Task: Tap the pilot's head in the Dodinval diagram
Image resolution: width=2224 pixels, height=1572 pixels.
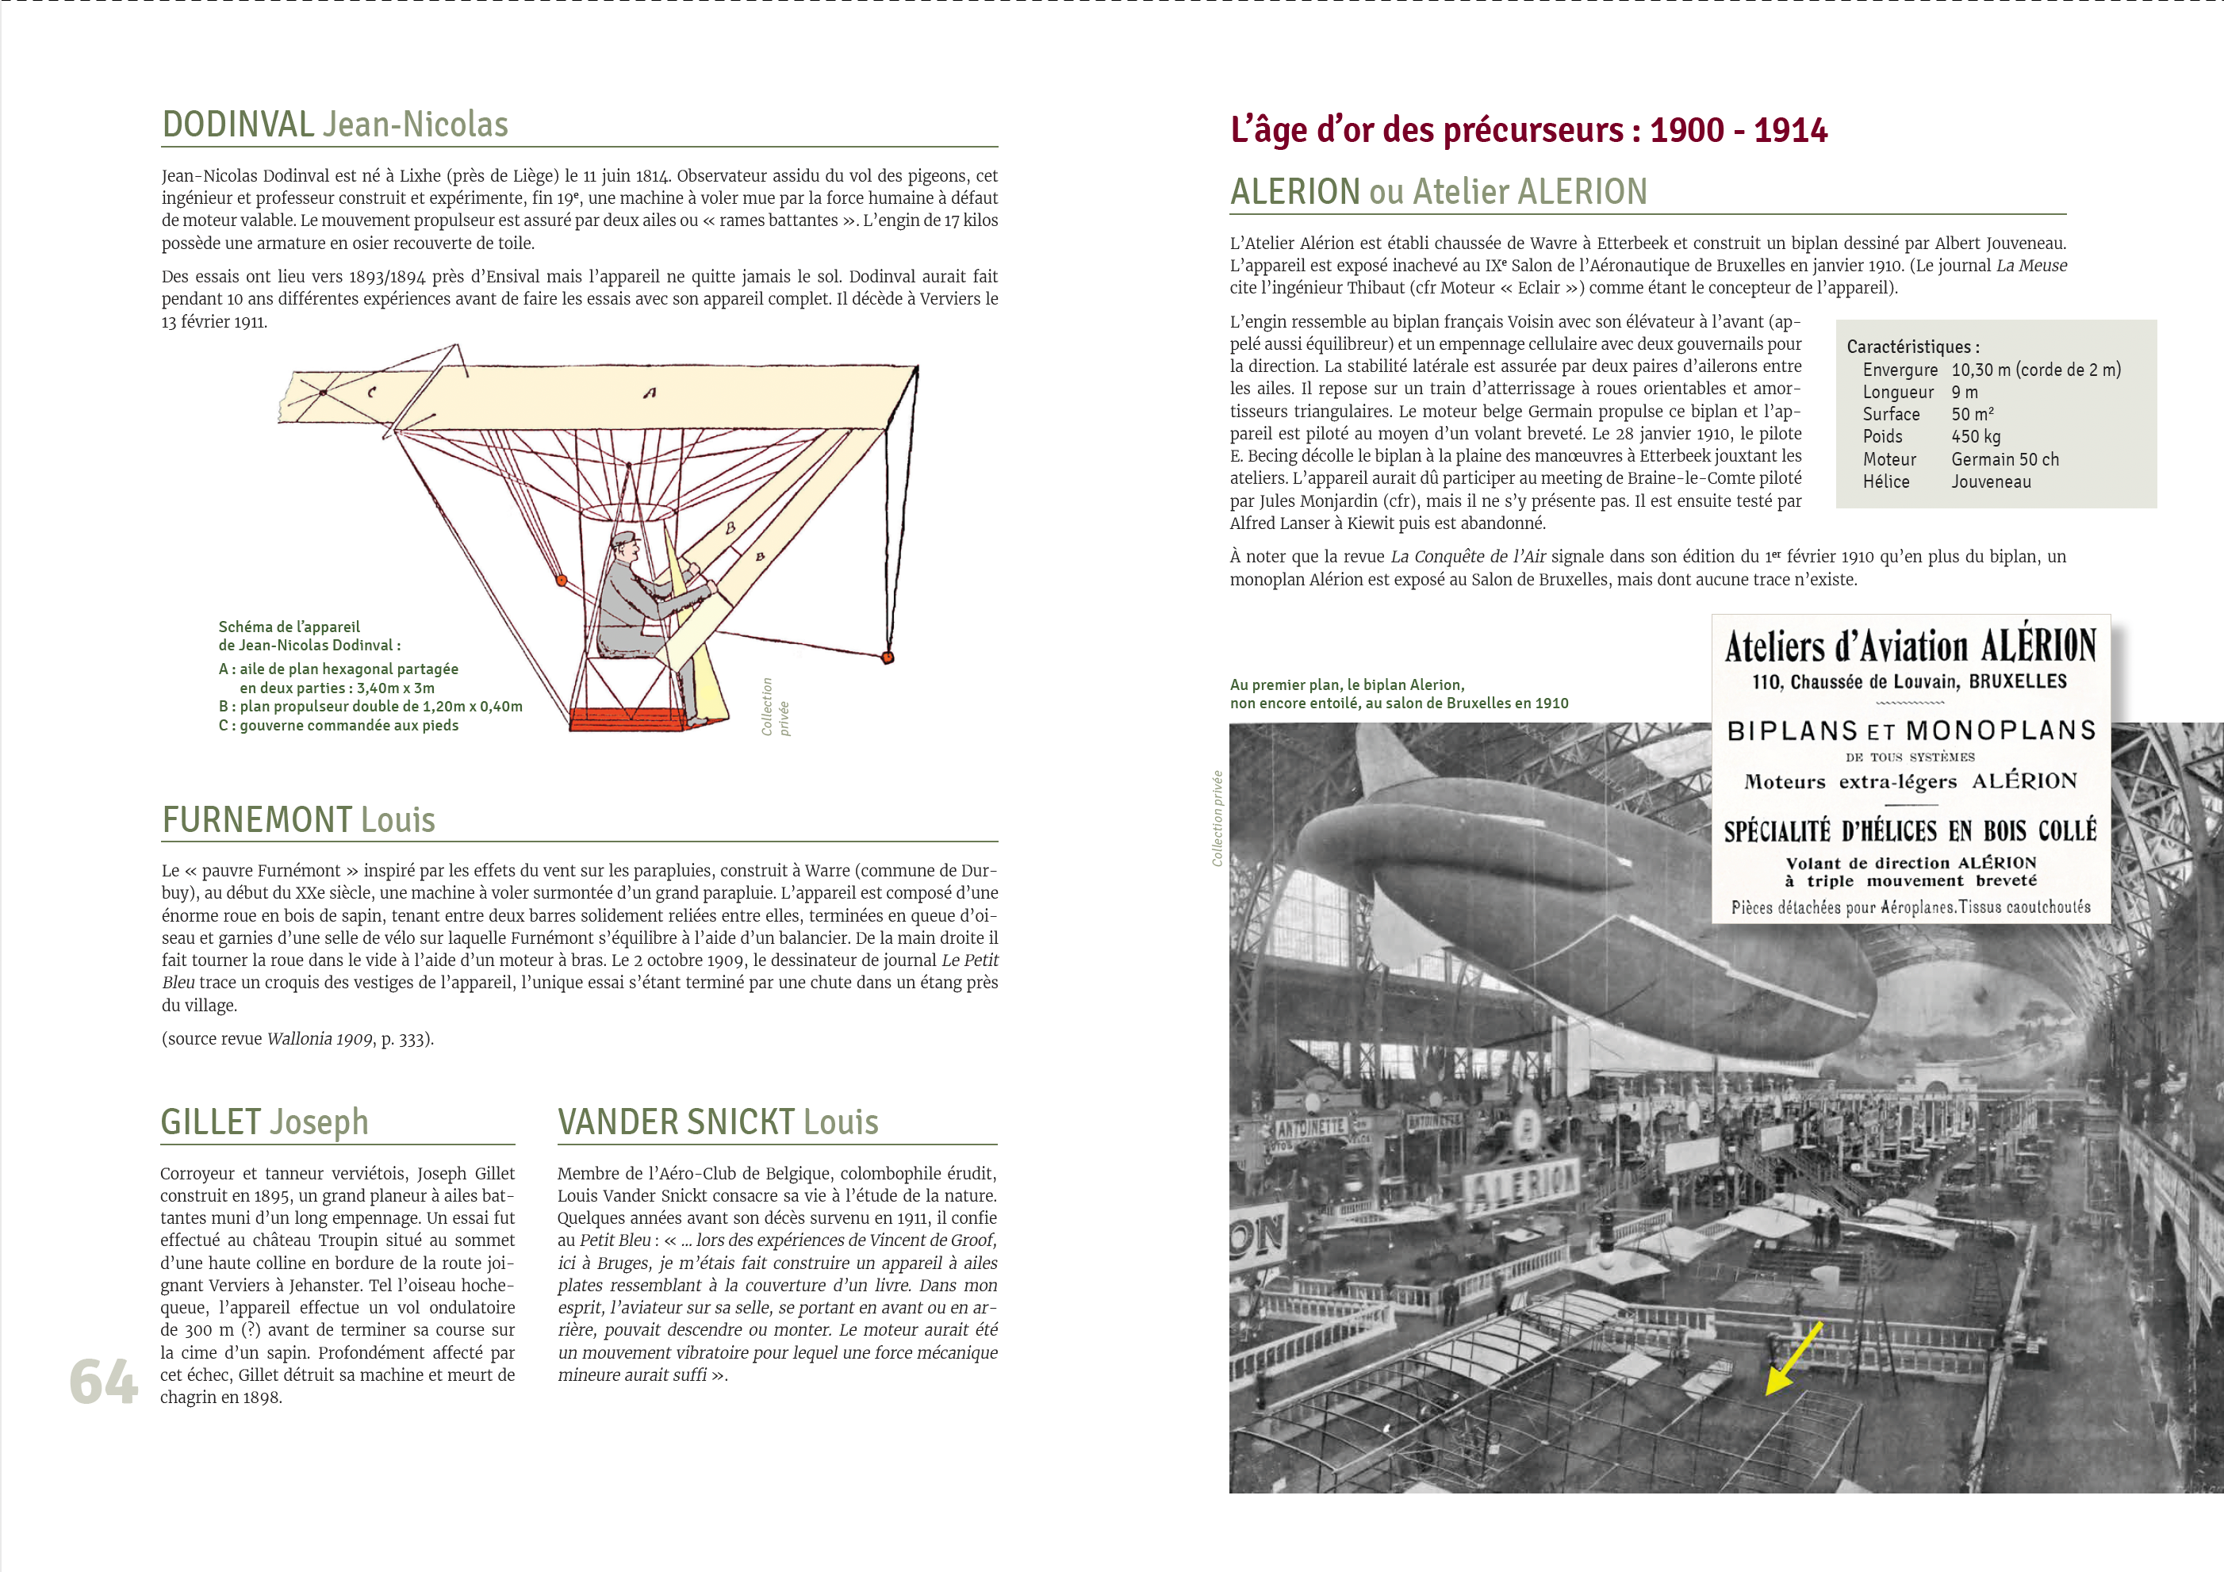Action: tap(625, 547)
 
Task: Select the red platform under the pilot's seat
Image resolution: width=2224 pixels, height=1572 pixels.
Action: tap(629, 718)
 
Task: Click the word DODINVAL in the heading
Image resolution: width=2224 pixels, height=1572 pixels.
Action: tap(238, 125)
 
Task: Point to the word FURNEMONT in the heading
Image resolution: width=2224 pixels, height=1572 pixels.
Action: tap(257, 820)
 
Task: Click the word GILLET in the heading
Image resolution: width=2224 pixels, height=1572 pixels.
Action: tap(210, 1122)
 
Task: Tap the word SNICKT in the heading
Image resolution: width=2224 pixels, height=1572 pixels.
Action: tap(740, 1122)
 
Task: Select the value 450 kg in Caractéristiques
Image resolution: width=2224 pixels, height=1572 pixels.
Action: tap(1975, 437)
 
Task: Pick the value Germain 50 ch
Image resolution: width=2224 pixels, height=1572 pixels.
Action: tap(2004, 459)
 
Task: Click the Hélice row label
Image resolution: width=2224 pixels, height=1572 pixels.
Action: tap(1885, 481)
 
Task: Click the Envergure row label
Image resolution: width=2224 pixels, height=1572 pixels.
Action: tap(1900, 370)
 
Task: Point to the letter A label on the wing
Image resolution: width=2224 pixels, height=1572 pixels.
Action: tap(649, 393)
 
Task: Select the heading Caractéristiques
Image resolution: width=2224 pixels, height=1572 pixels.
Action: tap(1912, 347)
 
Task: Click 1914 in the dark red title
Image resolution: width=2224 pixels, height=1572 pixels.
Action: tap(1790, 131)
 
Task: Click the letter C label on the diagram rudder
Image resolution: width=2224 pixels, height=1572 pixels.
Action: tap(371, 393)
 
